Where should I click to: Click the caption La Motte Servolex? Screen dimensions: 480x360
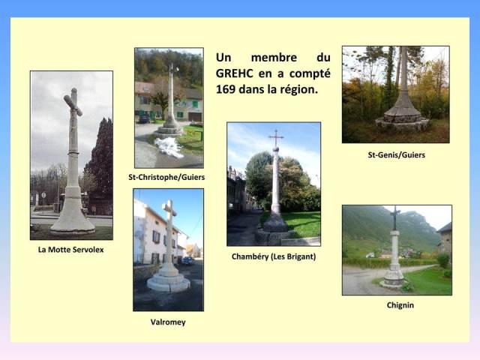point(70,250)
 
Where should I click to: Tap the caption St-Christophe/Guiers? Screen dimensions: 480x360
point(166,177)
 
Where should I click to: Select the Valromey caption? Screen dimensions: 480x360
point(168,322)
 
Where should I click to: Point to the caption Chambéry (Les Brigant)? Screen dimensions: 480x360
point(274,256)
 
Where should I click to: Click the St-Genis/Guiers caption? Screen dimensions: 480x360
point(397,155)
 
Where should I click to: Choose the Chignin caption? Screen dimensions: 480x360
point(400,305)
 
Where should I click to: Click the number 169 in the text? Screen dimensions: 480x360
point(225,89)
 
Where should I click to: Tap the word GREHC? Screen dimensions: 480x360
point(235,73)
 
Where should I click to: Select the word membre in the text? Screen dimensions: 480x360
point(274,58)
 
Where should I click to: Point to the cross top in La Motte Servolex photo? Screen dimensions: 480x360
point(73,102)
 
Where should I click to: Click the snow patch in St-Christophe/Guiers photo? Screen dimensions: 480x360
point(169,147)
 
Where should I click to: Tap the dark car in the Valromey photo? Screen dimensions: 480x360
point(187,261)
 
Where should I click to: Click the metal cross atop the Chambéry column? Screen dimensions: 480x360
point(276,138)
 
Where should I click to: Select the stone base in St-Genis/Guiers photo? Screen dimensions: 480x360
point(402,117)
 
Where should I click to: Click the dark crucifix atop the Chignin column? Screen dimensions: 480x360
point(395,218)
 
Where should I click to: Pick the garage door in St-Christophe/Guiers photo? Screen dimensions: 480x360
point(195,117)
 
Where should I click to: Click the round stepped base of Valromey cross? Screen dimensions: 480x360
point(168,282)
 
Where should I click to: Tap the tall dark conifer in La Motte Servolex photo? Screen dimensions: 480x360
point(100,159)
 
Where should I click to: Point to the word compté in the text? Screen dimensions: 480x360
point(310,74)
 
